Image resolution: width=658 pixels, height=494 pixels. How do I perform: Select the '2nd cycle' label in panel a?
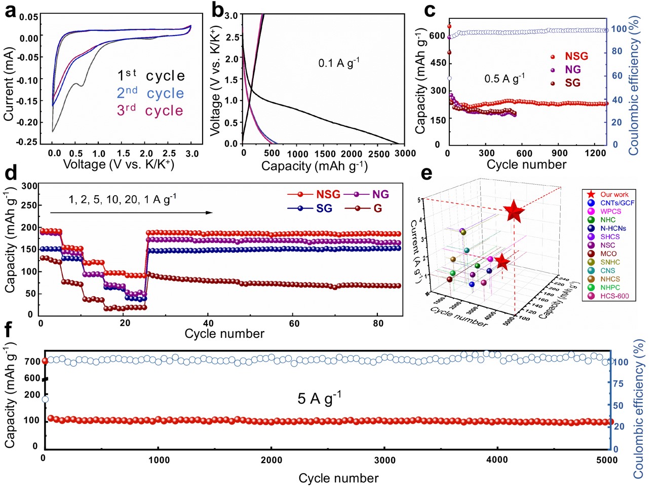pos(150,93)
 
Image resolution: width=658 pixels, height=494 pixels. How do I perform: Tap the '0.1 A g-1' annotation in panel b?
pos(338,63)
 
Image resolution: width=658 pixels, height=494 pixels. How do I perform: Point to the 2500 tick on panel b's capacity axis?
pos(378,154)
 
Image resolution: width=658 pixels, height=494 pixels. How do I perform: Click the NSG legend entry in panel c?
pos(576,56)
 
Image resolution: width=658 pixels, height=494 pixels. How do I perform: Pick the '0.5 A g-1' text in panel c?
pos(504,79)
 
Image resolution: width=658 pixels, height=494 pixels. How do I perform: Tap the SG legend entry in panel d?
pos(324,208)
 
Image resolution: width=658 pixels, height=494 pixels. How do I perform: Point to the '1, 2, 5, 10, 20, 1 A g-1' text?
pos(122,199)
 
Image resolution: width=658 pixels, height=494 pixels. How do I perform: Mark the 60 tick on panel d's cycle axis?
pos(294,324)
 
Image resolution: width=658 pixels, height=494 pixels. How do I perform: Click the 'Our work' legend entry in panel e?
pos(614,194)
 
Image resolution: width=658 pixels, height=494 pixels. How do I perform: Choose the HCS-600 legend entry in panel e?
pos(614,296)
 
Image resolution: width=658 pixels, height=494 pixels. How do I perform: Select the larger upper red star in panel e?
pos(514,212)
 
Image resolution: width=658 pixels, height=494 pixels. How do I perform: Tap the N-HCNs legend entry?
pos(613,228)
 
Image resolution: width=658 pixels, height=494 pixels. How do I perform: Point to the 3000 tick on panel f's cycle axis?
pos(384,460)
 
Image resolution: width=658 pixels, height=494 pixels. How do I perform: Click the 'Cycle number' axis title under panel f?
pos(338,478)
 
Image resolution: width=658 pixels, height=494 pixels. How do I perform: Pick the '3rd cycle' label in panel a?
pos(150,111)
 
